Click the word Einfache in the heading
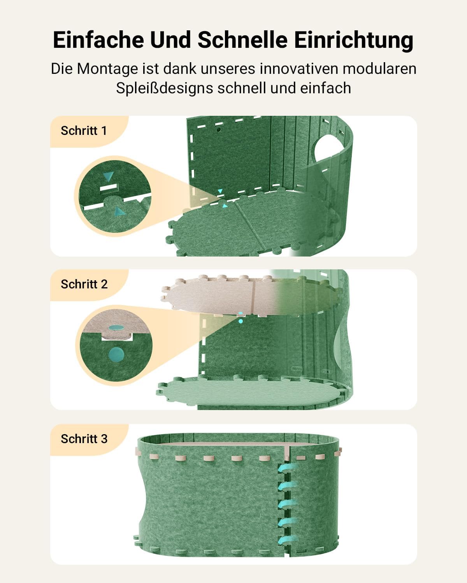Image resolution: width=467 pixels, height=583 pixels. coord(98,40)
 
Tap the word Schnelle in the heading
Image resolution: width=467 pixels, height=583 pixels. coord(242,40)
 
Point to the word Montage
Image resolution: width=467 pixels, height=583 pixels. coord(107,69)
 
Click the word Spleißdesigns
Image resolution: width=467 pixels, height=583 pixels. coord(164,89)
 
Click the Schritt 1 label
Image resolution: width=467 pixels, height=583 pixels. coord(84,131)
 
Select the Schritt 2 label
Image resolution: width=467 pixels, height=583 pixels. coord(84,284)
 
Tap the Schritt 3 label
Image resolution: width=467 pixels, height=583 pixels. coord(84,439)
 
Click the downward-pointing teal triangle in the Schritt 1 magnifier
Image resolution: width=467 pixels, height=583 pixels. coord(108,176)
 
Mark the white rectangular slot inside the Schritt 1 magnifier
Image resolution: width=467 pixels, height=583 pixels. coord(109,187)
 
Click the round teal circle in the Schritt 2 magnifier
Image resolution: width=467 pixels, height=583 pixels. coord(116,354)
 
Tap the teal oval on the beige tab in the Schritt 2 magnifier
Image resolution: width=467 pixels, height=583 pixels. coord(116,328)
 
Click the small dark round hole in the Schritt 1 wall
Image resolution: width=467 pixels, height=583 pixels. coord(219,130)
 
